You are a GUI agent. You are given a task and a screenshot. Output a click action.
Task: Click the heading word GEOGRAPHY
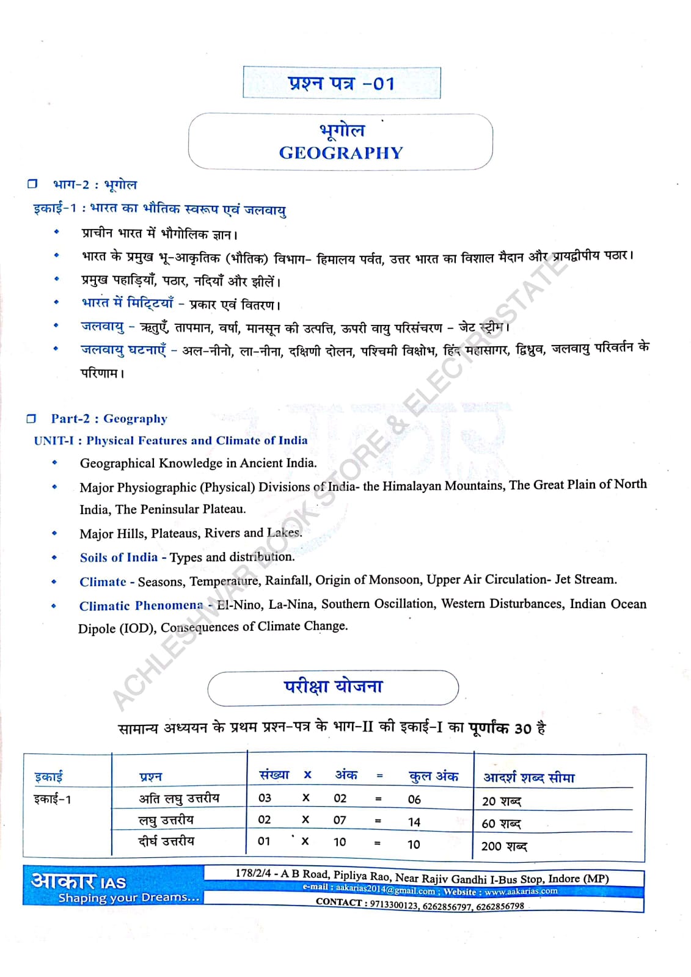tap(341, 153)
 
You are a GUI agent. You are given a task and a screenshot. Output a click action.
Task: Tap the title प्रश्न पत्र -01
tap(342, 83)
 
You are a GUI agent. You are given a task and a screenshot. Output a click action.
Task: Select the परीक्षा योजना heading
tap(333, 687)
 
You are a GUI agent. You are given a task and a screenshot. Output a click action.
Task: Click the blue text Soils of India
tap(119, 558)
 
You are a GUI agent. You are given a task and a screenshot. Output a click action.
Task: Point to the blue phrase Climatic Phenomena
tap(141, 606)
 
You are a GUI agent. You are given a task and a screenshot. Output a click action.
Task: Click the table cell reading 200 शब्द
tap(503, 846)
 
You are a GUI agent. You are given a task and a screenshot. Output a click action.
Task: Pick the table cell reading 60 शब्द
tap(501, 824)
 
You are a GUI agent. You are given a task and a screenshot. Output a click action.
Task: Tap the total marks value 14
tap(414, 823)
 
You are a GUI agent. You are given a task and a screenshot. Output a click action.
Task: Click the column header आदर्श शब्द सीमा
tap(529, 778)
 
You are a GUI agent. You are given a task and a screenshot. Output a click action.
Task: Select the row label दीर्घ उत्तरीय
tap(166, 841)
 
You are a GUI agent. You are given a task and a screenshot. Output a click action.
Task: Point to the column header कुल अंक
tap(433, 776)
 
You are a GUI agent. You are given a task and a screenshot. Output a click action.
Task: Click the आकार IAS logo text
tap(78, 881)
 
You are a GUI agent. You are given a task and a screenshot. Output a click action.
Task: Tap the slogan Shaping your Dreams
tap(128, 898)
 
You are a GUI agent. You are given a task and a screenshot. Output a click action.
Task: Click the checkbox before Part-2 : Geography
tap(31, 419)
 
